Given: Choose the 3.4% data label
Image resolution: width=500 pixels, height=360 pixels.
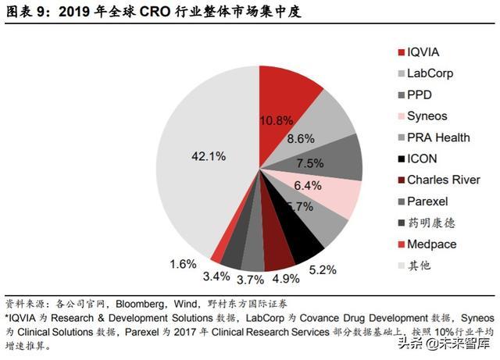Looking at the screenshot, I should [x=217, y=276].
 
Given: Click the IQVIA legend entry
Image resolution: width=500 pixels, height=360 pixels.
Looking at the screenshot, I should [x=423, y=52].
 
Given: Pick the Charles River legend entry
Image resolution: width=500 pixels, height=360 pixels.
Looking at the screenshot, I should [x=442, y=180].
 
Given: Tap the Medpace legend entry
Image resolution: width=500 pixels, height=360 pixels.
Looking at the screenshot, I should [x=431, y=244].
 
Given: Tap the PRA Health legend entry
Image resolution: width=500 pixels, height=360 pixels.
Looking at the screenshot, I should [x=438, y=137].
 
